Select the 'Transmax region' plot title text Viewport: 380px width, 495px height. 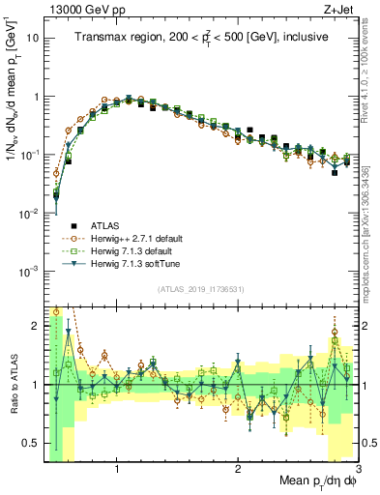[x=201, y=38]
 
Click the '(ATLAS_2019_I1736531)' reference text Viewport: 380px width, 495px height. [x=201, y=289]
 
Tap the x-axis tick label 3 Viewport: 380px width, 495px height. [x=358, y=470]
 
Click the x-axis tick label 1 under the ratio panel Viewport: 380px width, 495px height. [x=117, y=470]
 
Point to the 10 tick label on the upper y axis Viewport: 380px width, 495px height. [x=33, y=40]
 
